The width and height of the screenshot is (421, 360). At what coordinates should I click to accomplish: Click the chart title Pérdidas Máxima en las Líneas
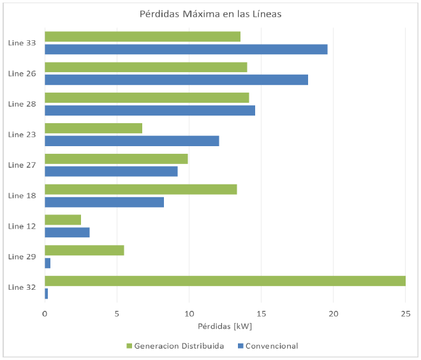click(211, 14)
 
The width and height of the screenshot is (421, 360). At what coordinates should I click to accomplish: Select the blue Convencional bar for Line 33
click(186, 49)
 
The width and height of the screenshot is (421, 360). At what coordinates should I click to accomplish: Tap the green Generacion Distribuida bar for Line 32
click(225, 281)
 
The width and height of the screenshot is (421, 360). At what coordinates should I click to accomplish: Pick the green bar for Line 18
click(140, 189)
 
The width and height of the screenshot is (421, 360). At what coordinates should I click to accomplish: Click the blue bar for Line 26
click(176, 80)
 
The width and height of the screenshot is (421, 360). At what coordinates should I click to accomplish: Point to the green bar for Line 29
click(84, 250)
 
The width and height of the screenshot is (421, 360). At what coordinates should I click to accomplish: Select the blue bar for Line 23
click(131, 141)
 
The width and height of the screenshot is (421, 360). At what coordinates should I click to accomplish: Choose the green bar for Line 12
click(63, 220)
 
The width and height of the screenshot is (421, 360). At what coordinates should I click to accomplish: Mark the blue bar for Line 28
click(150, 110)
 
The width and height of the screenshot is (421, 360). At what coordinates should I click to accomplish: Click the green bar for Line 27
click(116, 158)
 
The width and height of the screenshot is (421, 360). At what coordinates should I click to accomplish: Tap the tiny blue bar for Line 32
click(46, 294)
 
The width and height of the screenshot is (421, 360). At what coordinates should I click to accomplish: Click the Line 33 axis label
click(22, 43)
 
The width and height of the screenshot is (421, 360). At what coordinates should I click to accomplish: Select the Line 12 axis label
click(22, 226)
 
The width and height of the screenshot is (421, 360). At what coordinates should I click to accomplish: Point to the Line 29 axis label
click(22, 257)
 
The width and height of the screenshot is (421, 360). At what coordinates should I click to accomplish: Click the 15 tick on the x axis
click(261, 313)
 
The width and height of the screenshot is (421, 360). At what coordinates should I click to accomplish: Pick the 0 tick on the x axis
click(45, 313)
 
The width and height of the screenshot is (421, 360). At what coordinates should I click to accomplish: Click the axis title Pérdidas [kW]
click(225, 327)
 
